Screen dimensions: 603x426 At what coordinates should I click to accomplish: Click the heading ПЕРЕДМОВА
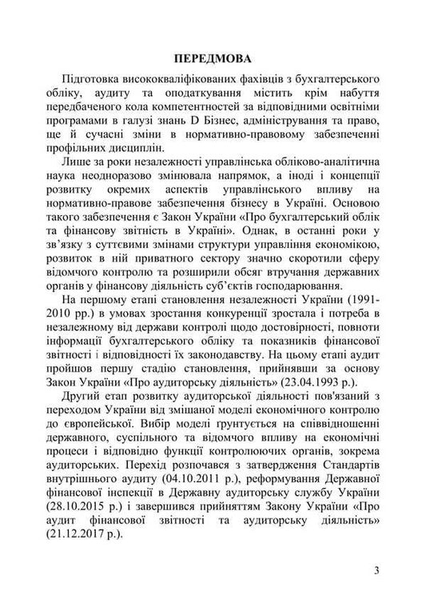pyautogui.click(x=213, y=58)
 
